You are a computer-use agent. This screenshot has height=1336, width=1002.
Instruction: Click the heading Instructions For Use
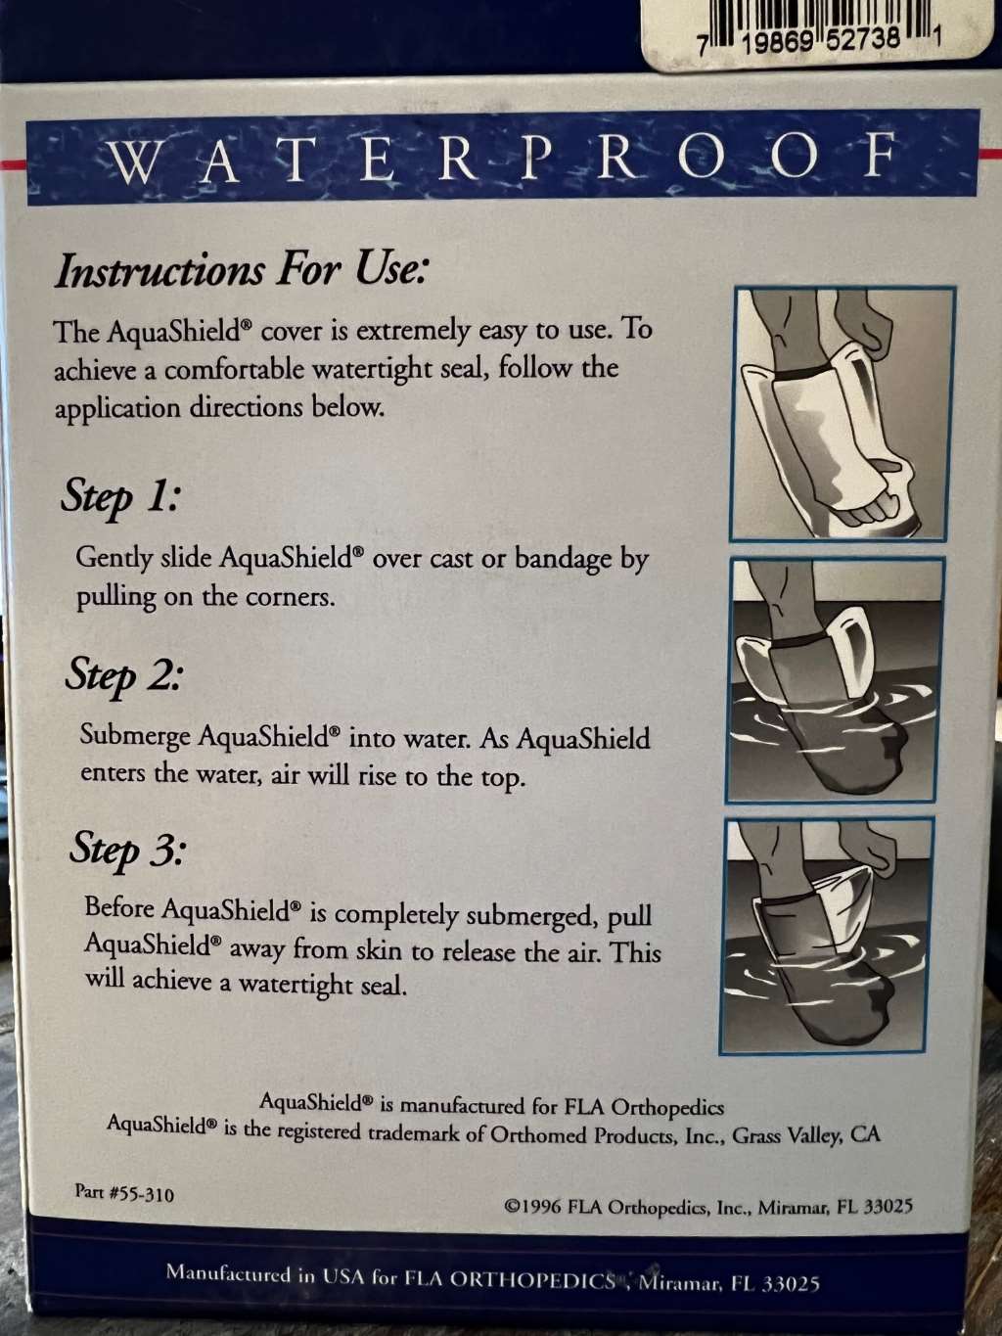click(x=242, y=271)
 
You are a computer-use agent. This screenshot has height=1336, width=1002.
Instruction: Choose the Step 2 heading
click(x=122, y=677)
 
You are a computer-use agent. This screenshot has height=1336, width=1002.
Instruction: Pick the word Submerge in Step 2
click(x=135, y=736)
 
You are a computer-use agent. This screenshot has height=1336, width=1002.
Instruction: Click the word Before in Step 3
click(x=119, y=907)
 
